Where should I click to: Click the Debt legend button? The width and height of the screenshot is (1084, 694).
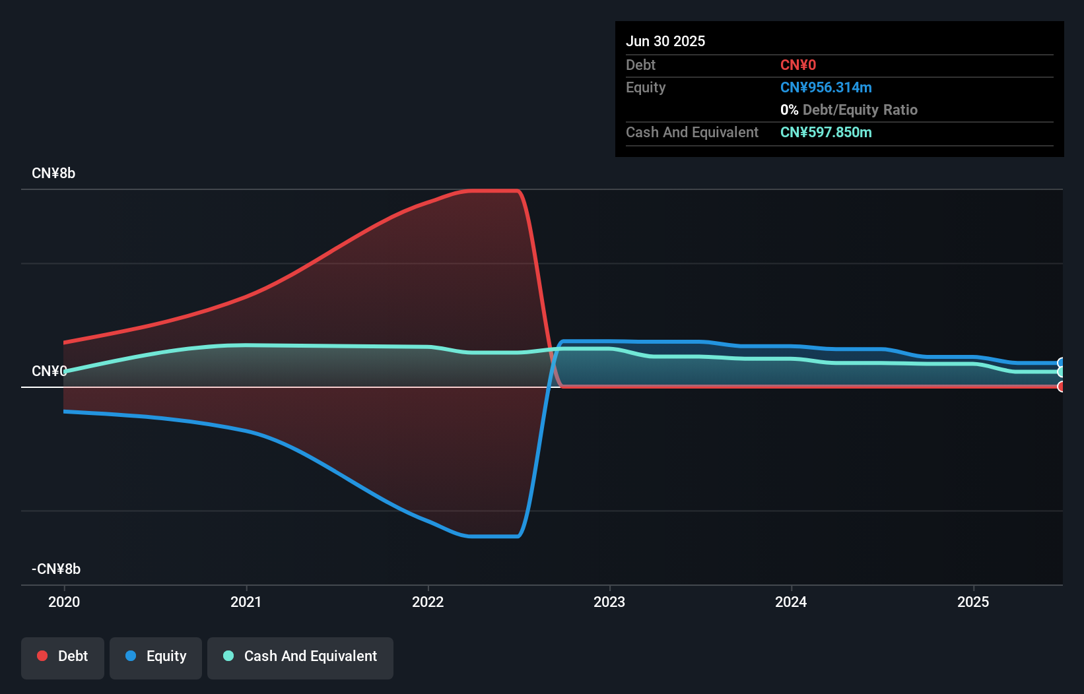click(x=63, y=656)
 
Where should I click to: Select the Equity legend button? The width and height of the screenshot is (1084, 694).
click(x=156, y=656)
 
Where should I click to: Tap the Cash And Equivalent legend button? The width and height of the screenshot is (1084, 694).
click(x=300, y=656)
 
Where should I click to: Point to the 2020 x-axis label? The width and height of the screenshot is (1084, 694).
click(x=64, y=602)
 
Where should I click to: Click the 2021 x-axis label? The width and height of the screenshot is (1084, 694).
click(x=246, y=602)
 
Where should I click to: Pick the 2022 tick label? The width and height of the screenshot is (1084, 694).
click(x=428, y=602)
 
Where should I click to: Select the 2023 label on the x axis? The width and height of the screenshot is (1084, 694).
click(x=609, y=602)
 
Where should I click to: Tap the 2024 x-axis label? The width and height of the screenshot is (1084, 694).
click(x=791, y=602)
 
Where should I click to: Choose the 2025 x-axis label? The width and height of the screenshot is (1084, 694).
click(x=973, y=602)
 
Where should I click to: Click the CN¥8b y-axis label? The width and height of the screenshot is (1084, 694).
click(x=53, y=173)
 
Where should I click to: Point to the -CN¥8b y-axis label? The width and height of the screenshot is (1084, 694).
click(x=56, y=569)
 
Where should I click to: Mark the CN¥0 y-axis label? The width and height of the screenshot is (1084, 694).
click(x=49, y=371)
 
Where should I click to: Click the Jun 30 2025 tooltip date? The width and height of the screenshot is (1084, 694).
click(x=665, y=41)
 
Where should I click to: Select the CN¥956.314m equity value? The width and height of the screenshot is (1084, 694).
click(x=826, y=87)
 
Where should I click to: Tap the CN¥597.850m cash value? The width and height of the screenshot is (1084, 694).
click(x=826, y=132)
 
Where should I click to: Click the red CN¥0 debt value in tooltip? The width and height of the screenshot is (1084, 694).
click(x=798, y=65)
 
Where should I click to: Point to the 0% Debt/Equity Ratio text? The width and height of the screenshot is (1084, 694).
click(x=849, y=110)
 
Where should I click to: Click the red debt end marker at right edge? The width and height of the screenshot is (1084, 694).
click(x=1060, y=387)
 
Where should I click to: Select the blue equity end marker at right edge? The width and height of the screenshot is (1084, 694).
click(x=1060, y=363)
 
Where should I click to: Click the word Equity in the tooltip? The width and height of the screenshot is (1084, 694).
click(x=646, y=87)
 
